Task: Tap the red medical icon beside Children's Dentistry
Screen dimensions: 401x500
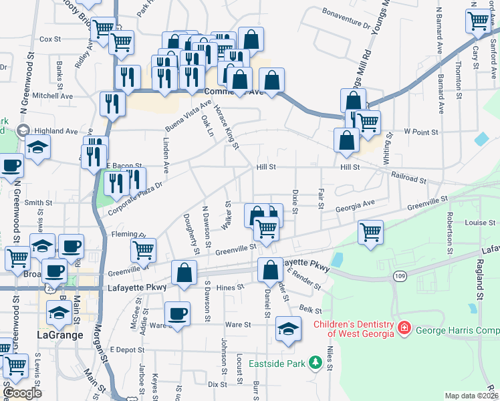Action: point(404,328)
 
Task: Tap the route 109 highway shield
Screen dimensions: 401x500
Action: point(399,275)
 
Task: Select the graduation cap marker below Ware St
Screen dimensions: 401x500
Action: point(288,329)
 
